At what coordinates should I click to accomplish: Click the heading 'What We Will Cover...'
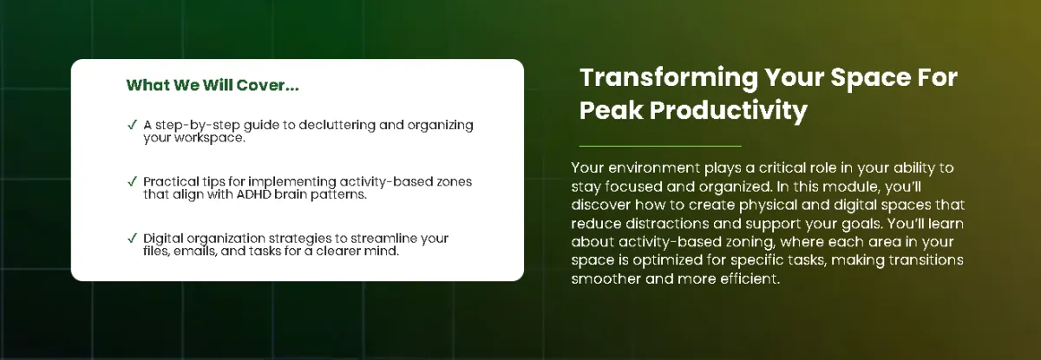pos(213,85)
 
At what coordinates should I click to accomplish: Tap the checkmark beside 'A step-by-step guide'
pos(132,125)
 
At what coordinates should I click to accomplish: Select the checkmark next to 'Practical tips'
pos(132,181)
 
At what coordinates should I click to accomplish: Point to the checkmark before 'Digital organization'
pos(132,239)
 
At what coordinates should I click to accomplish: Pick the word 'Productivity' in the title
pos(728,111)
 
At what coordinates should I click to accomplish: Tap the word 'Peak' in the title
pos(611,110)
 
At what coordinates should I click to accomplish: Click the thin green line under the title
pos(660,146)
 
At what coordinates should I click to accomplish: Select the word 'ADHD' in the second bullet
pos(253,194)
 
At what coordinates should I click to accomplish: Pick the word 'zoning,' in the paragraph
pos(750,242)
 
